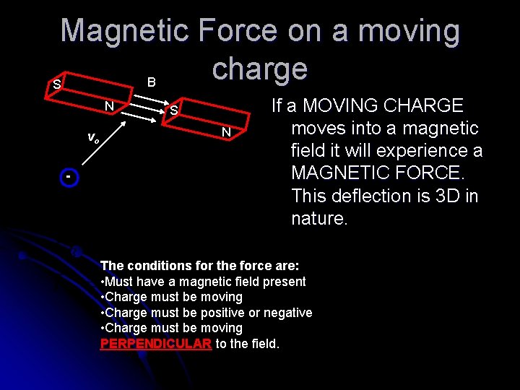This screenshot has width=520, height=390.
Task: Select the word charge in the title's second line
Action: (x=260, y=69)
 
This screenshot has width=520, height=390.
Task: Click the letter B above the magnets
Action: (x=151, y=82)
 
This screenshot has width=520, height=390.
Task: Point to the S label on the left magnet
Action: (x=56, y=85)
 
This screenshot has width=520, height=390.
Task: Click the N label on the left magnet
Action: (x=108, y=106)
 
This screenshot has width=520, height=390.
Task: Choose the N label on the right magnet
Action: (x=226, y=132)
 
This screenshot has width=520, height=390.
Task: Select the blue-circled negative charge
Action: (x=68, y=178)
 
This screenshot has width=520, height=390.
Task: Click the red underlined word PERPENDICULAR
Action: (x=155, y=344)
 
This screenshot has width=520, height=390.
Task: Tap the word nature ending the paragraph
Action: (x=319, y=218)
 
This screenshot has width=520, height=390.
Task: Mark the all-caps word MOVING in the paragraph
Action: (x=339, y=105)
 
